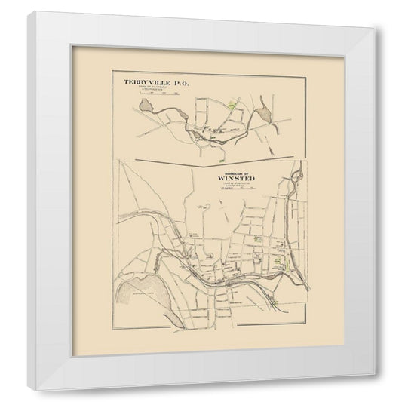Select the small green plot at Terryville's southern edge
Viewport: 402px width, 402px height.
219,158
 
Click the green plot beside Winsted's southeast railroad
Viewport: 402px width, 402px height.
280,302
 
